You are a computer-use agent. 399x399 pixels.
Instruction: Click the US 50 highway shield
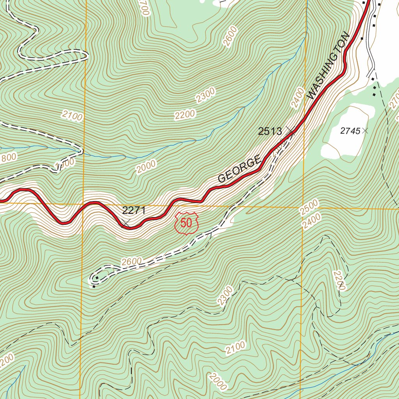point(187,223)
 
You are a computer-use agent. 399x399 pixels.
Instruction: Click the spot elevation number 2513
point(270,131)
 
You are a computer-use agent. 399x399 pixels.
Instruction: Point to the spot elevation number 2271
point(134,211)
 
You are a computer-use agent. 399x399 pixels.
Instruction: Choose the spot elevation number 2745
point(350,131)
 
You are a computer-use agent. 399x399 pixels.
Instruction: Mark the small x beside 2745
point(365,131)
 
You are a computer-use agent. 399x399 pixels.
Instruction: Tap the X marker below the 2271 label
point(125,223)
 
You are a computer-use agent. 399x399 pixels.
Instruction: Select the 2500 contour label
point(309,207)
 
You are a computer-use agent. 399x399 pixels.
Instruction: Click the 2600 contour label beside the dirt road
point(131,262)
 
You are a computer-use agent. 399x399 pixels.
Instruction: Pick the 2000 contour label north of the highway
point(146,166)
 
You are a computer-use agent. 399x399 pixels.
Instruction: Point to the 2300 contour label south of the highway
point(226,296)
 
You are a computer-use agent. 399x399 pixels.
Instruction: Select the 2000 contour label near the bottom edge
point(217,381)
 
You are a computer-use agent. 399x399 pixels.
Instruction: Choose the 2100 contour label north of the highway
point(72,116)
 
